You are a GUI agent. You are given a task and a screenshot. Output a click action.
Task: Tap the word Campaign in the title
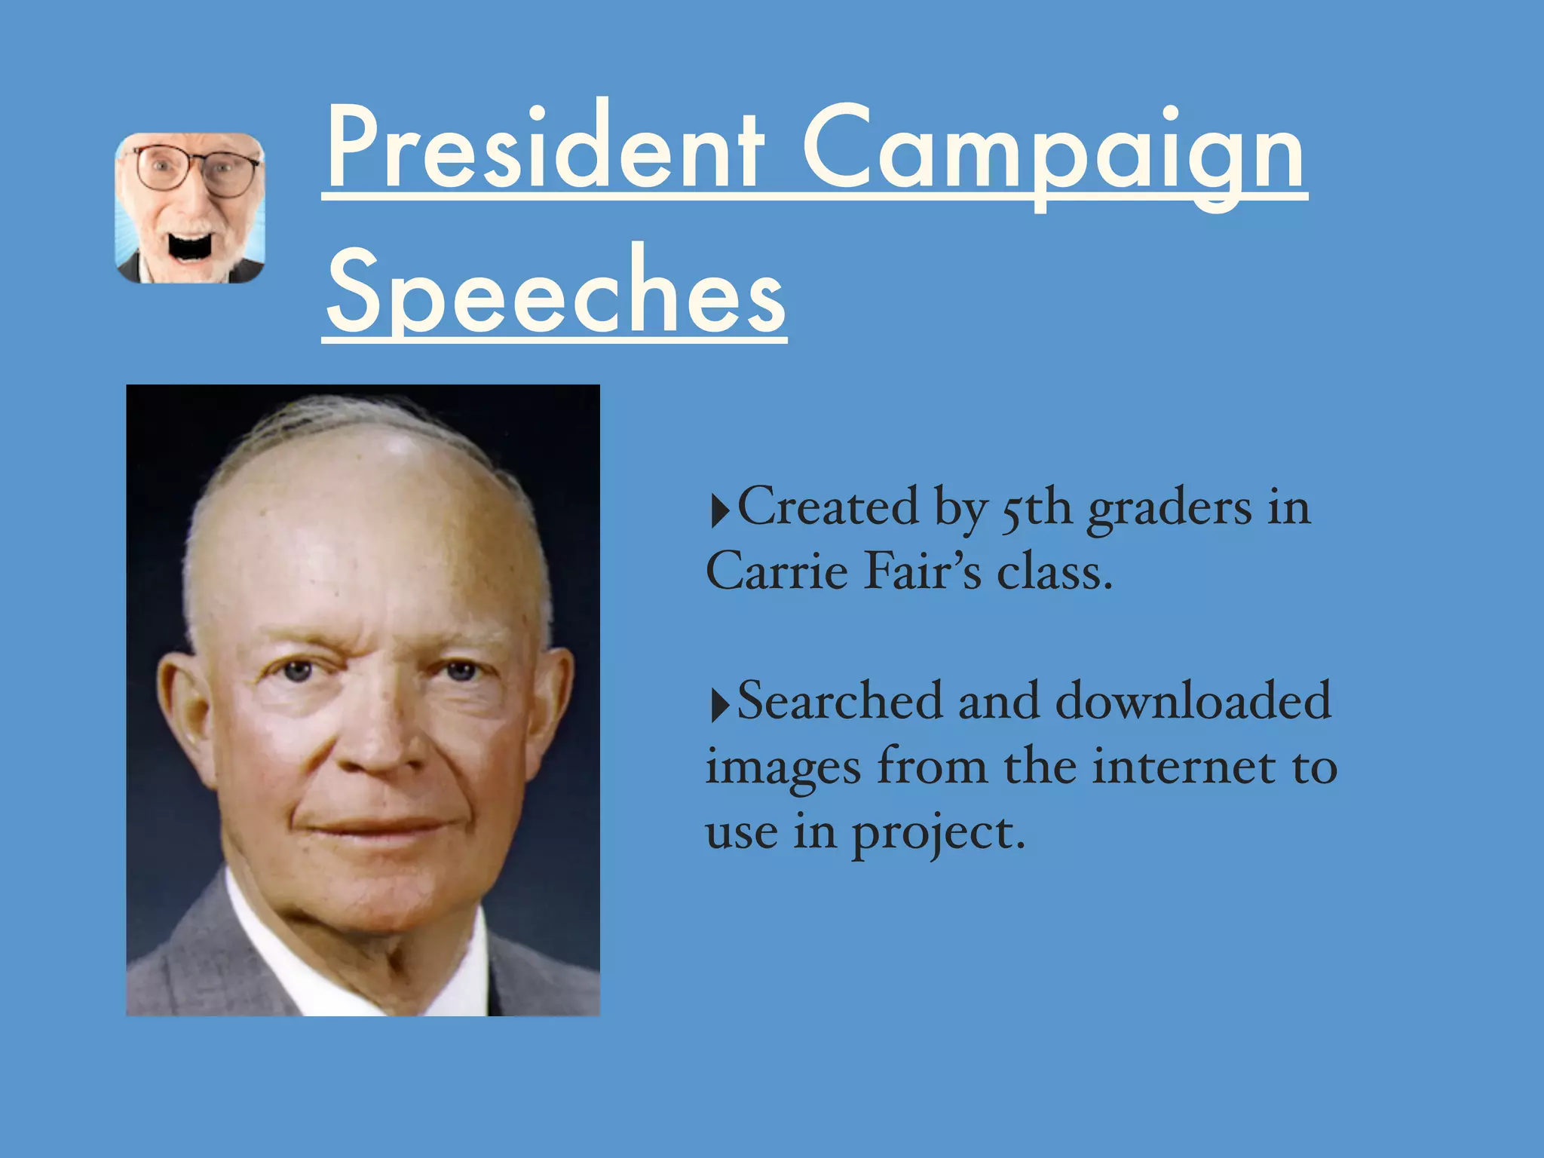[1053, 151]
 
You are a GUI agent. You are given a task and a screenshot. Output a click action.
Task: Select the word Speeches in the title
[556, 290]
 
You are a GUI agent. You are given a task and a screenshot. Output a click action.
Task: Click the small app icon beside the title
[189, 208]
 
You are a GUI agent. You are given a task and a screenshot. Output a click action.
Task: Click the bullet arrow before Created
[720, 511]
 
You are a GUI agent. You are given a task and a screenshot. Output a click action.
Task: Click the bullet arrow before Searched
[720, 706]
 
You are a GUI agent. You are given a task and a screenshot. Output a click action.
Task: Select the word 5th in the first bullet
[1036, 509]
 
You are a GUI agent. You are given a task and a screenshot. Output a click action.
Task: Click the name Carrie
[777, 571]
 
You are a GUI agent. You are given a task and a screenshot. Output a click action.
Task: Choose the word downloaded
[1193, 701]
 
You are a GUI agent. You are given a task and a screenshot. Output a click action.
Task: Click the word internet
[1184, 767]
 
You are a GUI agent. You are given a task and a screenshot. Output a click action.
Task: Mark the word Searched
[839, 701]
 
